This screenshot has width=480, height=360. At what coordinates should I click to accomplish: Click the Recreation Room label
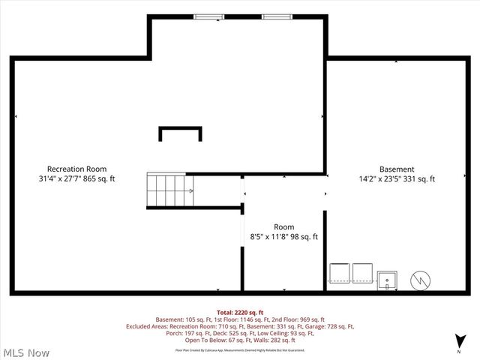[76, 169]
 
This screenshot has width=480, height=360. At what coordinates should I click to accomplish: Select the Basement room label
[396, 169]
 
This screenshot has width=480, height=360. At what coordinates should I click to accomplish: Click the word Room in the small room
[283, 226]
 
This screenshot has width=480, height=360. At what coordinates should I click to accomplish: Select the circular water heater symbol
[420, 280]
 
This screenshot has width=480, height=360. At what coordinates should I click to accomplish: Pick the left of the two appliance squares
[340, 273]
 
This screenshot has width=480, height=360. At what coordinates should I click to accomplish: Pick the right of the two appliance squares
[362, 273]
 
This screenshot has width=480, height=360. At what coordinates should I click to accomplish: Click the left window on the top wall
[209, 16]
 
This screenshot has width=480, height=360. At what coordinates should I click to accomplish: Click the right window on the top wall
[276, 16]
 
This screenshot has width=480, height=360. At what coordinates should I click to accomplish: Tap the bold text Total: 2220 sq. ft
[240, 312]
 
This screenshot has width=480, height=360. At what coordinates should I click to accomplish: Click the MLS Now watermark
[26, 352]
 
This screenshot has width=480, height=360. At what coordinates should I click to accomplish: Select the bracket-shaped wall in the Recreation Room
[180, 133]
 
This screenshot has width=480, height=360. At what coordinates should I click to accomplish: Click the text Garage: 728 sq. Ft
[328, 326]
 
